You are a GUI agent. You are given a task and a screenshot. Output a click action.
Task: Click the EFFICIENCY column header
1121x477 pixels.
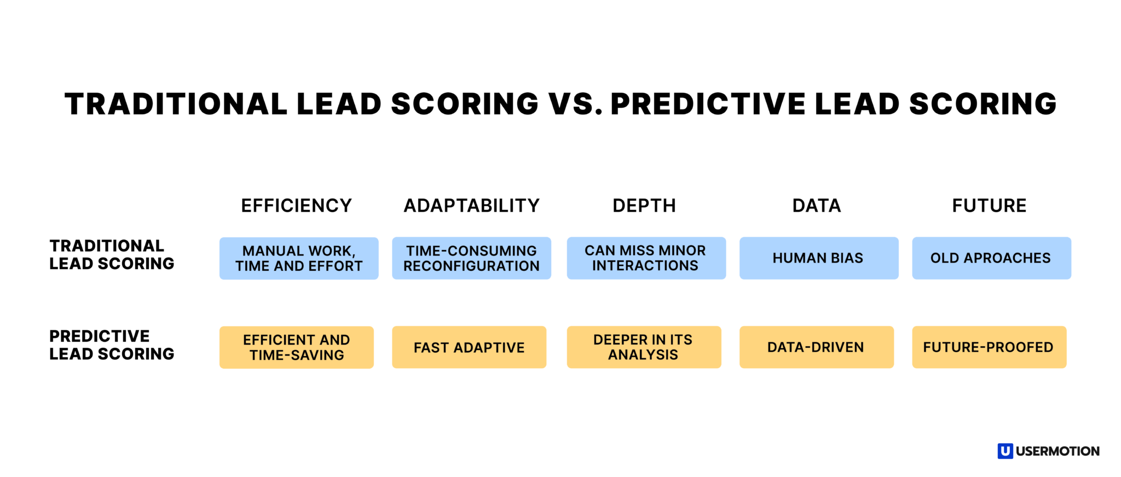coord(297,206)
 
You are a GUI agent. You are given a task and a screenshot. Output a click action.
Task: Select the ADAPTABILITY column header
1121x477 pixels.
coord(471,206)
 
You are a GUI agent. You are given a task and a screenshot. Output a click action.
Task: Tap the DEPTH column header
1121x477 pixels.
coord(644,206)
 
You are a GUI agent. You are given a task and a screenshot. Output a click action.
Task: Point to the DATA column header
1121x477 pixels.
coord(817,206)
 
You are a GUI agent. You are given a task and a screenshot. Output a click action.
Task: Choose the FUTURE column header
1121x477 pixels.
coord(989,206)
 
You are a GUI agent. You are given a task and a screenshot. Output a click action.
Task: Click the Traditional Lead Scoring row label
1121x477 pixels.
coord(112,255)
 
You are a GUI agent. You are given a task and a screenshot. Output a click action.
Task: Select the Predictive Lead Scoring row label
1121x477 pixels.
coord(112,345)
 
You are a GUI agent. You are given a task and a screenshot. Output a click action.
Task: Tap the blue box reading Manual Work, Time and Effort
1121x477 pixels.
coord(299,258)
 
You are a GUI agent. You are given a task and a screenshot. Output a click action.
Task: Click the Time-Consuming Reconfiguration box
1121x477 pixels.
coord(471,258)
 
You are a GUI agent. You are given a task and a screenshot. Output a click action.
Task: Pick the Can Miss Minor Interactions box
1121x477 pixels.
coord(646,258)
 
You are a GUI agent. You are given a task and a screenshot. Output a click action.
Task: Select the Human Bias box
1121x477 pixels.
coord(819,258)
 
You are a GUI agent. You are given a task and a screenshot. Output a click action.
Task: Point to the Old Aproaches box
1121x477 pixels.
coord(991,258)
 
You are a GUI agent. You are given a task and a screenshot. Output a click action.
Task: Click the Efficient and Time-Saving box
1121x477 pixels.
coord(297,347)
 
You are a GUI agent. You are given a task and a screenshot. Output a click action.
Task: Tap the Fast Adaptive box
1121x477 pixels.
coord(469,347)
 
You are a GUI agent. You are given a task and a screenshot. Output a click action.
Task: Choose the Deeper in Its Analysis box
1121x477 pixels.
coord(644,347)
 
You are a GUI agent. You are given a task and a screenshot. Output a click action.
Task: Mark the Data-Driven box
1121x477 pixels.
coord(817,347)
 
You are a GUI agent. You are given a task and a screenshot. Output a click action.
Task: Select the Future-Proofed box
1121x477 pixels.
coord(989,347)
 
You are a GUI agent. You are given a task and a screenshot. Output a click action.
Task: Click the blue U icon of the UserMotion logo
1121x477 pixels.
coord(1005,451)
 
